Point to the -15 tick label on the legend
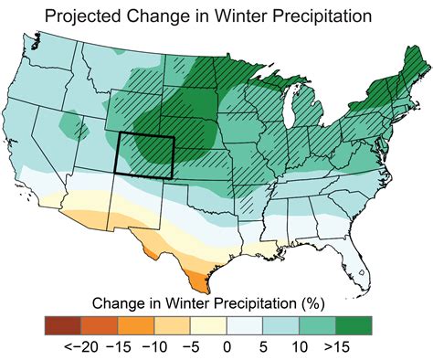click(x=118, y=347)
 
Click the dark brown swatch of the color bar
click(x=61, y=324)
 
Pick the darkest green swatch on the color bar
click(x=355, y=324)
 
